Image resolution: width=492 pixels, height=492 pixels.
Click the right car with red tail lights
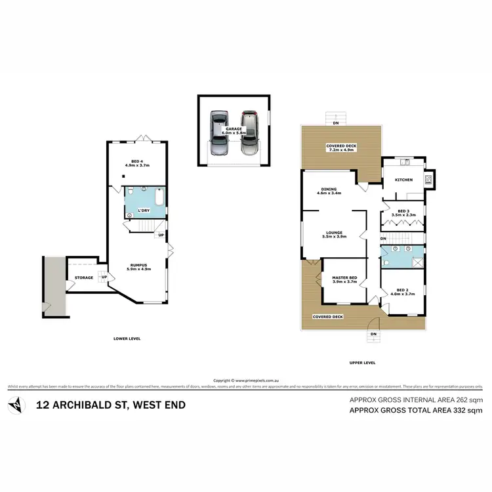tap(247, 133)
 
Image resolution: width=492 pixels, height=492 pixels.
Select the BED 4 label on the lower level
tap(137, 163)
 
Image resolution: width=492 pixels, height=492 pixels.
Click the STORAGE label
tap(84, 277)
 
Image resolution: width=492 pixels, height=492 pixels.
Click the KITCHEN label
tap(403, 179)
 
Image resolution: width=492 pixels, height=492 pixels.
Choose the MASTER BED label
tap(345, 278)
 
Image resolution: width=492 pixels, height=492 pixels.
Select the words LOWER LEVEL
tap(127, 338)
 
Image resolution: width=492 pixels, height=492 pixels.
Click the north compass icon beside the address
tap(16, 405)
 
